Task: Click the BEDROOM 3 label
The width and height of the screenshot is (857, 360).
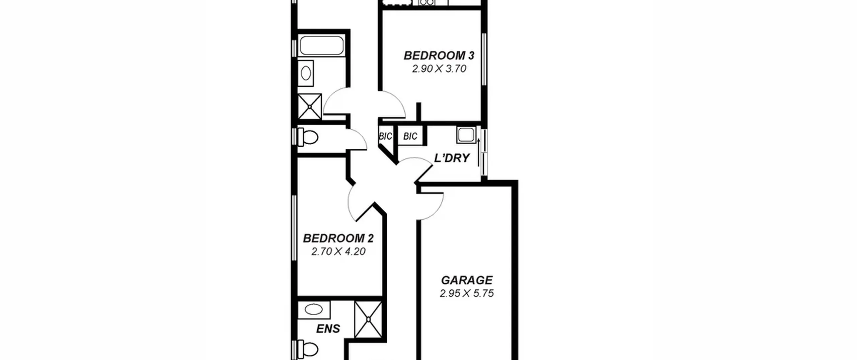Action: (439, 56)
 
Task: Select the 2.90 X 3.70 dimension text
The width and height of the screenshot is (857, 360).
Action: (439, 69)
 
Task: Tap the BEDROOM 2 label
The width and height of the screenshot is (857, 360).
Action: (338, 238)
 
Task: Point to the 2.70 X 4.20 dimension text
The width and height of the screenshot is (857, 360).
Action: (338, 251)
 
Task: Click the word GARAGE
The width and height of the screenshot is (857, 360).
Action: (467, 280)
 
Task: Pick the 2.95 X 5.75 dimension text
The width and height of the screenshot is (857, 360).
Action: (467, 294)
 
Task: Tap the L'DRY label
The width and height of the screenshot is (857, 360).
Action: (452, 158)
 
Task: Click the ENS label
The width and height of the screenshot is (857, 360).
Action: (328, 329)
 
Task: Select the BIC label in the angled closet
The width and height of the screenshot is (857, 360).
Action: (385, 137)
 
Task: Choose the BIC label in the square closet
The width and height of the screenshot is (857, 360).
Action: (410, 136)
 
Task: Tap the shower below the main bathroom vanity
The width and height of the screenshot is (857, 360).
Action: (310, 106)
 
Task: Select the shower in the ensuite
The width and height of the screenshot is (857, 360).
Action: (368, 319)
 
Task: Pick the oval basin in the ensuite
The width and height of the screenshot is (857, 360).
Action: (314, 310)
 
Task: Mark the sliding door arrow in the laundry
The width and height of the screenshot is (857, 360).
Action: (479, 153)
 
